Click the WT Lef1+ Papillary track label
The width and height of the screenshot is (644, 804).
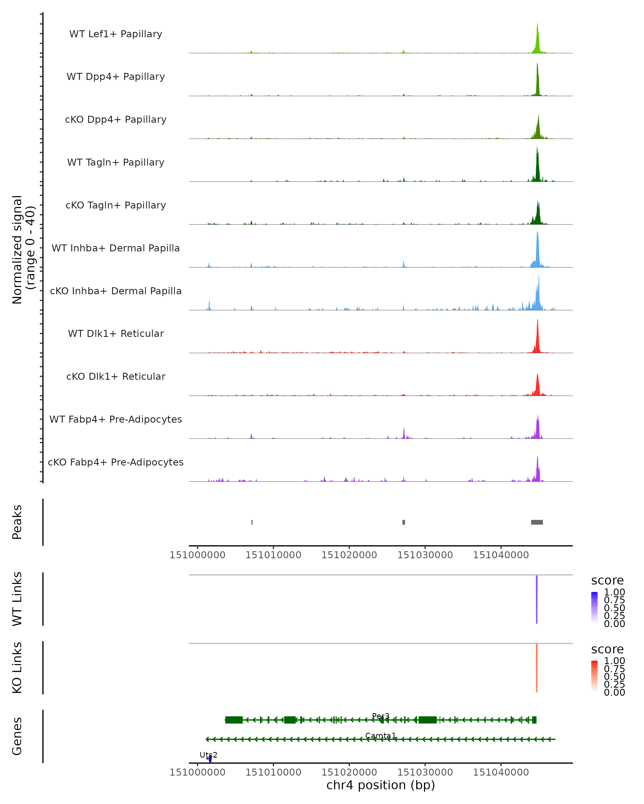116,34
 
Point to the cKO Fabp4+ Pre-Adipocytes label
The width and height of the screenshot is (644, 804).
116,462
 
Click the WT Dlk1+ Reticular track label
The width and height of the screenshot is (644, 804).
116,333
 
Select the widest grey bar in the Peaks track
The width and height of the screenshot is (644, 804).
537,522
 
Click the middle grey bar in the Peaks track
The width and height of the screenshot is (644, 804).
404,522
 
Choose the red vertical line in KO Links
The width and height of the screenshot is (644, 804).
536,668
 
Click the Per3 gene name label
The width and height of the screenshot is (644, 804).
380,716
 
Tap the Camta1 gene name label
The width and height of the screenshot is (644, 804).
380,736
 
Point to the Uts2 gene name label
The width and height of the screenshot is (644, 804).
208,755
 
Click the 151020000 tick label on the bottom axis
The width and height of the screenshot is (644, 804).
349,772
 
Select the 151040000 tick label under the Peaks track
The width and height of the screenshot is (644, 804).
501,555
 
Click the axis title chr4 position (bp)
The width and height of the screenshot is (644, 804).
380,785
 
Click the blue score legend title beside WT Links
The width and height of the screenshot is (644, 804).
607,580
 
